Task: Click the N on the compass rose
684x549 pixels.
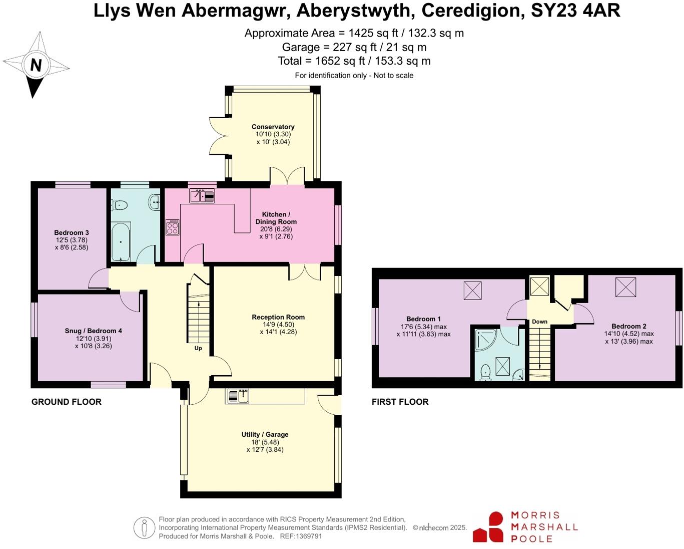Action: pos(36,65)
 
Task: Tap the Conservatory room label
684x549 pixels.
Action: pos(273,127)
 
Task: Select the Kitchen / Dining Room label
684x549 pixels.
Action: pos(276,218)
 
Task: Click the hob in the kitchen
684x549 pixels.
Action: pos(173,227)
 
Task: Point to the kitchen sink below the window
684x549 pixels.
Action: pos(202,196)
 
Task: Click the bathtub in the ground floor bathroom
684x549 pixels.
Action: pos(121,242)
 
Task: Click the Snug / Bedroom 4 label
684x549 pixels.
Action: pos(93,331)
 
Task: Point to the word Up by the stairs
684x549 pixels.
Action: pos(198,348)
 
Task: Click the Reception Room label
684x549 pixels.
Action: pos(278,317)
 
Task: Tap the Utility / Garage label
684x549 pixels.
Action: pos(265,434)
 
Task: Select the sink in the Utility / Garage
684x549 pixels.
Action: pos(238,396)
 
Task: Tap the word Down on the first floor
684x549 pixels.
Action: pos(539,322)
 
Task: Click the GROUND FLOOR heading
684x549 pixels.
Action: pos(67,402)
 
